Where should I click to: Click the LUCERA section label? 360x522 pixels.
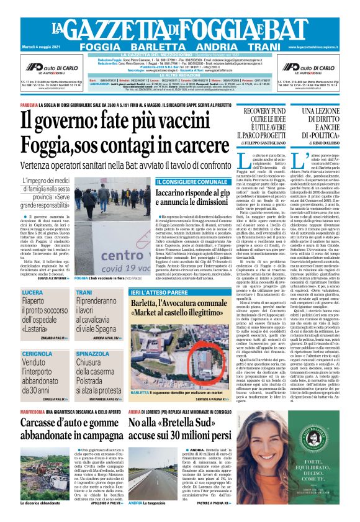pos(32,292)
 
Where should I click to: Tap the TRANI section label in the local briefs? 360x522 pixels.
pos(84,292)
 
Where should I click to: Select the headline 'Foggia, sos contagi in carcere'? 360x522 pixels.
pos(124,144)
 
